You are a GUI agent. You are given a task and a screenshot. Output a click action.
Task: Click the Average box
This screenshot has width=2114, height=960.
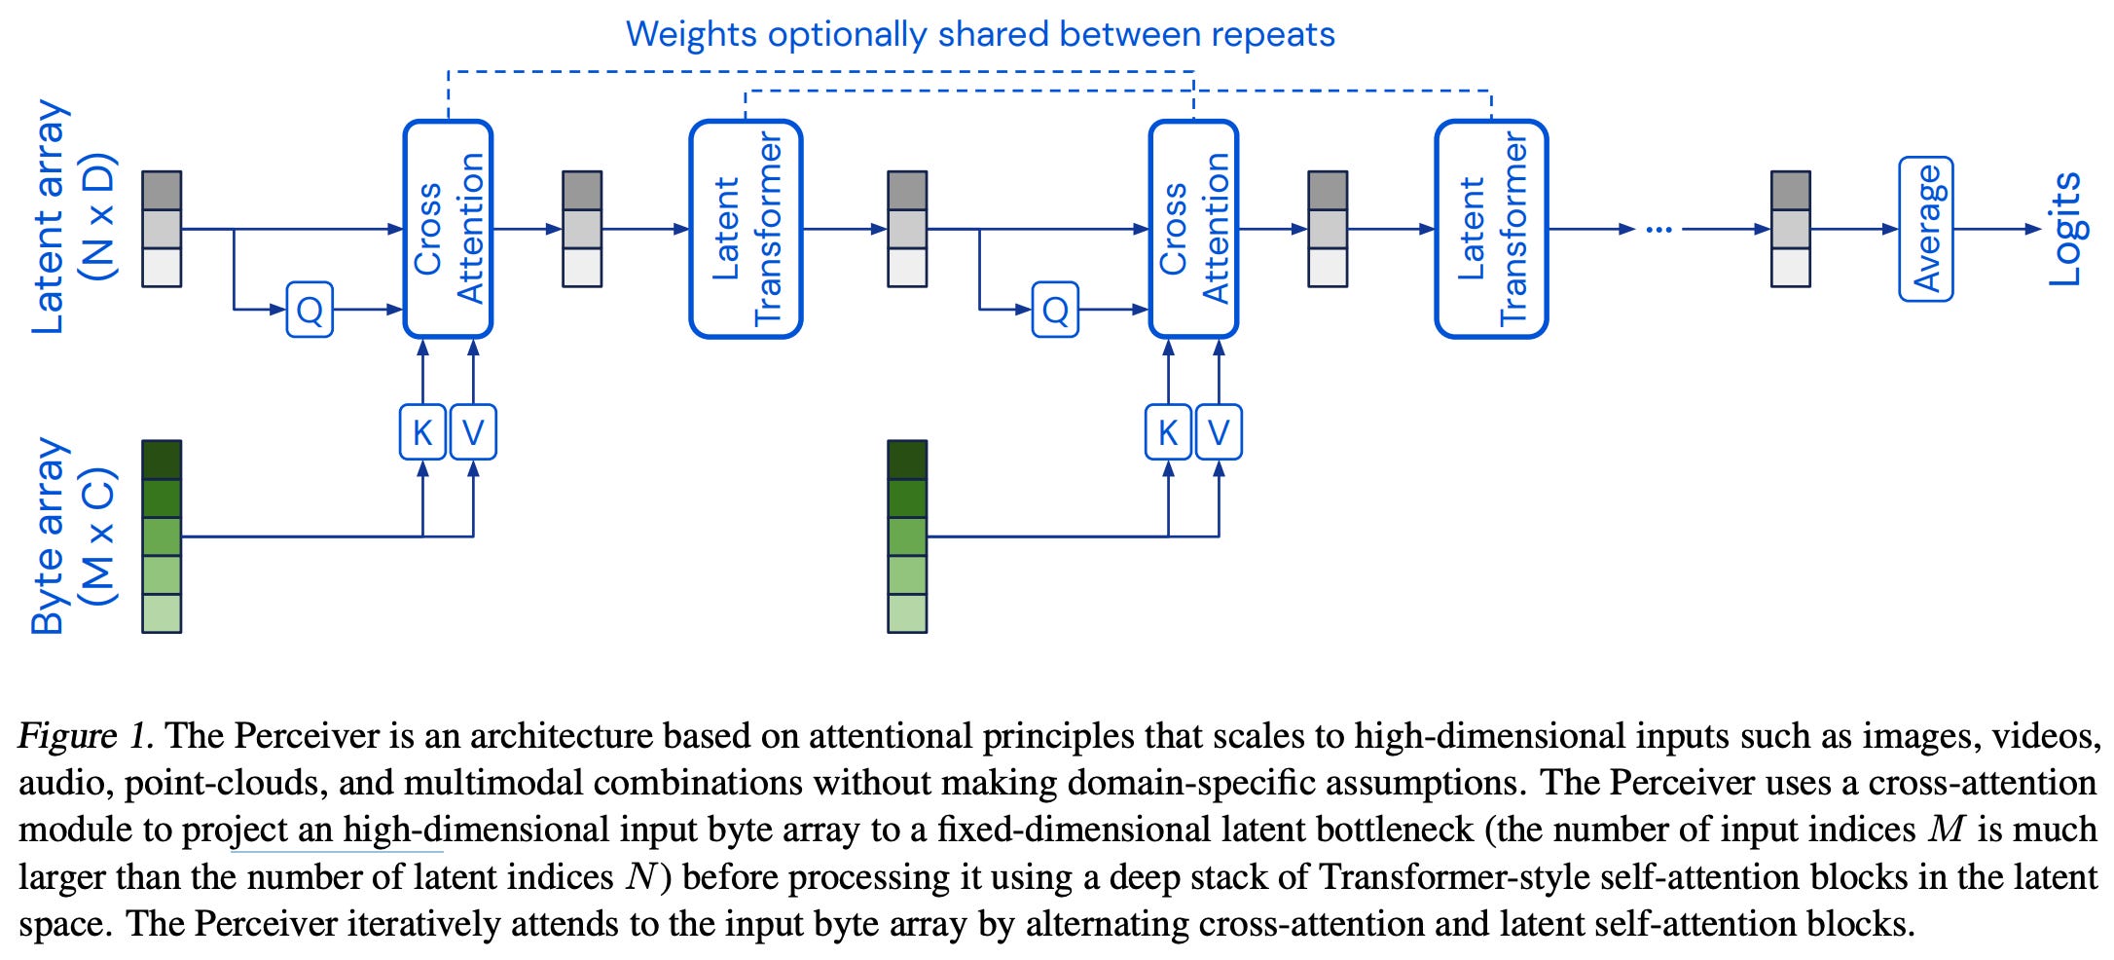(x=1925, y=229)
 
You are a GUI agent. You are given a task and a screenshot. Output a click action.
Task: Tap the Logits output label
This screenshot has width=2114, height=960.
(x=2064, y=229)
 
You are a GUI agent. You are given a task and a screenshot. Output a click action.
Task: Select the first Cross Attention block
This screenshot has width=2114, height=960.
(x=448, y=229)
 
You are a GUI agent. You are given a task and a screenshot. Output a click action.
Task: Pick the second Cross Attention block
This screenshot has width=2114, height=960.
(x=1193, y=229)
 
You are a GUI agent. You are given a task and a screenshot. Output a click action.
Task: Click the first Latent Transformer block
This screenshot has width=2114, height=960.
(x=746, y=229)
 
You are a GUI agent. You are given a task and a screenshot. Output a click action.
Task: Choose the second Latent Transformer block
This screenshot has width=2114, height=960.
(x=1491, y=229)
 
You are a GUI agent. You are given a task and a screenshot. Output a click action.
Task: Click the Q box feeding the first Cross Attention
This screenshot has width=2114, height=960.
(x=310, y=310)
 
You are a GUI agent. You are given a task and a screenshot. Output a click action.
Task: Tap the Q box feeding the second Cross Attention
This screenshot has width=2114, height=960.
(x=1055, y=310)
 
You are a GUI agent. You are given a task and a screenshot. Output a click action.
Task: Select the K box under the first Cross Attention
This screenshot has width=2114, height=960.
(x=422, y=432)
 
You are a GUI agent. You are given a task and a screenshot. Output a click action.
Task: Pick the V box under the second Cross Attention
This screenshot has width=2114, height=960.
(x=1219, y=432)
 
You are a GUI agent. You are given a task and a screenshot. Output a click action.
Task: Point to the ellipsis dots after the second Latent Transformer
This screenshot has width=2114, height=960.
(x=1658, y=230)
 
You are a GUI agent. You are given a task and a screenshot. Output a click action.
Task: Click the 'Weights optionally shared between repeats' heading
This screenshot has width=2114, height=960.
(x=980, y=34)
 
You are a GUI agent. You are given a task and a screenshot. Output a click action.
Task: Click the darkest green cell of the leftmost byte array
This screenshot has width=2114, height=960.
(x=162, y=460)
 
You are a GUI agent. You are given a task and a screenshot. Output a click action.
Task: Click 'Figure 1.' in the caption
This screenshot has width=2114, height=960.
(x=86, y=736)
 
